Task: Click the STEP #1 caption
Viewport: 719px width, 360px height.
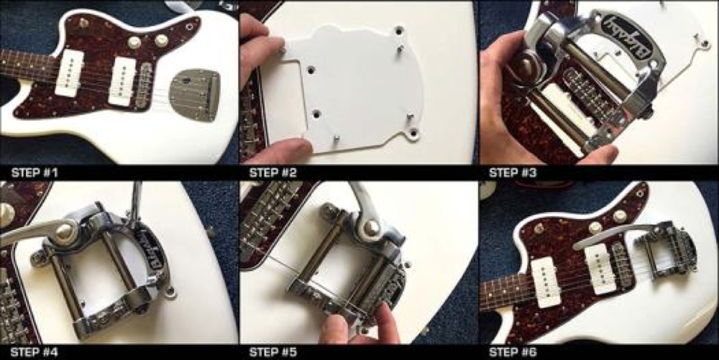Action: [35, 172]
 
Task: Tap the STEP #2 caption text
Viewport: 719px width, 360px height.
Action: [273, 172]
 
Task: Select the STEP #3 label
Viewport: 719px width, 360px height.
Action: [513, 172]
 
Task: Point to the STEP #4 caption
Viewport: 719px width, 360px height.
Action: [35, 352]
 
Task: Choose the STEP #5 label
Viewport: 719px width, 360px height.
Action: [273, 352]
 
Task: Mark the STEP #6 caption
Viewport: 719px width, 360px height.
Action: [513, 352]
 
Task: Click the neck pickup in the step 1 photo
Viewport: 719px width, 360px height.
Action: [69, 73]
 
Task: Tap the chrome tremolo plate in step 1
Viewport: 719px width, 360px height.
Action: [194, 94]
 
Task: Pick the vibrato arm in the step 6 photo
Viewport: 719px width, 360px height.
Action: [615, 235]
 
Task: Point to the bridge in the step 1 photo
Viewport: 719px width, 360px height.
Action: [145, 86]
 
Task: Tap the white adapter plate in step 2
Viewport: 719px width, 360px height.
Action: [349, 86]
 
